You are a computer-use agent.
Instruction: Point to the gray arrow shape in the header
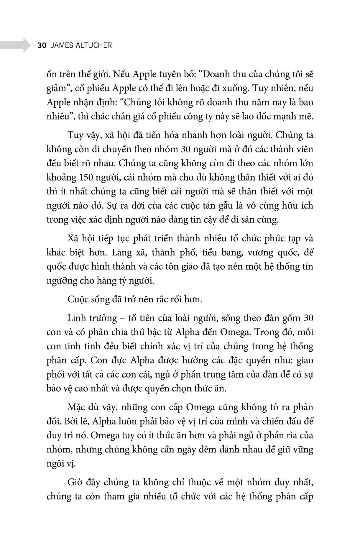(x=15, y=45)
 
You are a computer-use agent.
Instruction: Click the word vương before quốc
(x=259, y=252)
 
